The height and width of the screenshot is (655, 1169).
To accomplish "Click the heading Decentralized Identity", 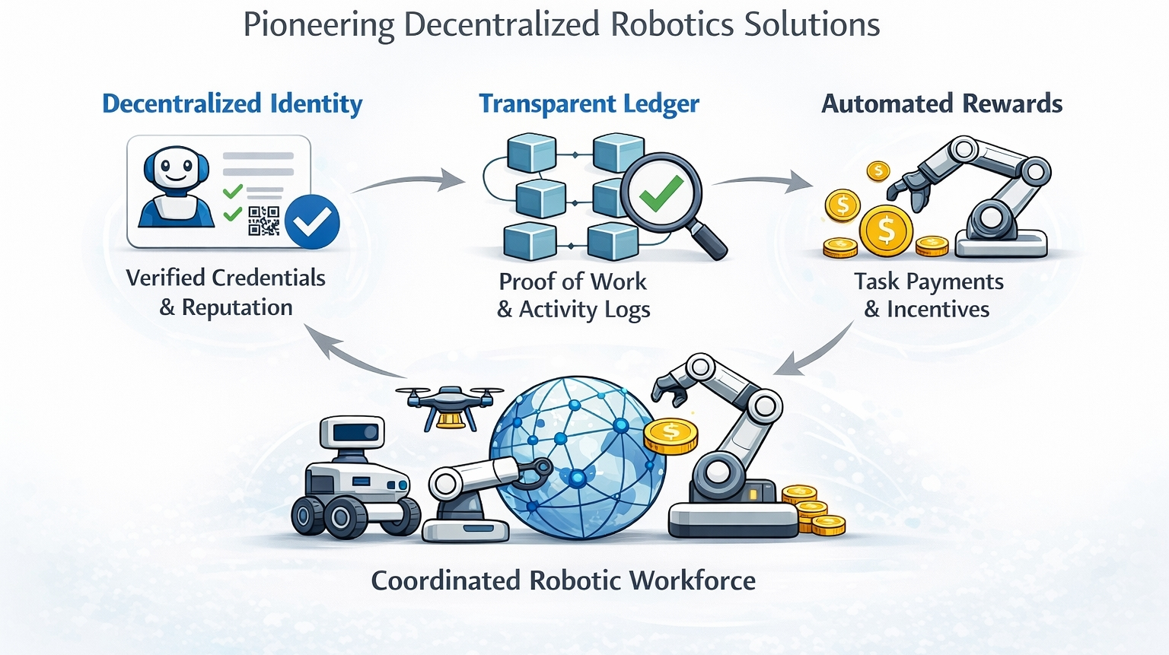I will (x=232, y=103).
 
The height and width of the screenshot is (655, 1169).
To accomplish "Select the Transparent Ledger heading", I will (x=588, y=103).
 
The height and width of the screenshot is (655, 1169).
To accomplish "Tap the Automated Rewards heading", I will (x=941, y=103).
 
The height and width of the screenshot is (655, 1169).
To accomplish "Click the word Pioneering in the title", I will (x=319, y=25).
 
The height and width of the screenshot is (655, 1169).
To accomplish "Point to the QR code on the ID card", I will (x=264, y=221).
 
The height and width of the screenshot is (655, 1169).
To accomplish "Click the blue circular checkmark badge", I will (x=312, y=222).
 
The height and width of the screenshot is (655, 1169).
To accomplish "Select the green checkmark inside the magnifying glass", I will (x=660, y=193).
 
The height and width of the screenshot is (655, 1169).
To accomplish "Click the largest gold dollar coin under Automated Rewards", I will (x=886, y=231).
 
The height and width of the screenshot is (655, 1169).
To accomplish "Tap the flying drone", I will (x=449, y=403).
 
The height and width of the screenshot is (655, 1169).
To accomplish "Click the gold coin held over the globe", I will (x=671, y=436).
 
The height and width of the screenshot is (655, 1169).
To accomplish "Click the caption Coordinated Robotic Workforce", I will (x=563, y=580).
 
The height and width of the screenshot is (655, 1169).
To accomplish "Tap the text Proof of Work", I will (x=572, y=281).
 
